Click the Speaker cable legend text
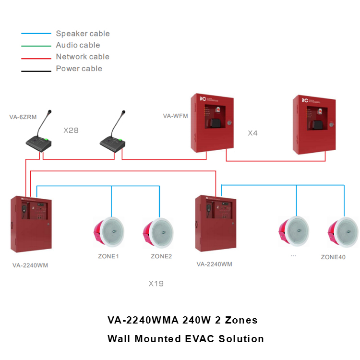83,34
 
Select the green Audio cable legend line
36,46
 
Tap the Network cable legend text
83,57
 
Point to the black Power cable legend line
36,71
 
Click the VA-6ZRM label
23,117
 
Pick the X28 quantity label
71,130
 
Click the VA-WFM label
175,116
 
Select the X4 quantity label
252,133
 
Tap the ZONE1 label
108,256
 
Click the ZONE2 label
161,256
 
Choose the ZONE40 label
333,257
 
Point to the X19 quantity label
156,284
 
